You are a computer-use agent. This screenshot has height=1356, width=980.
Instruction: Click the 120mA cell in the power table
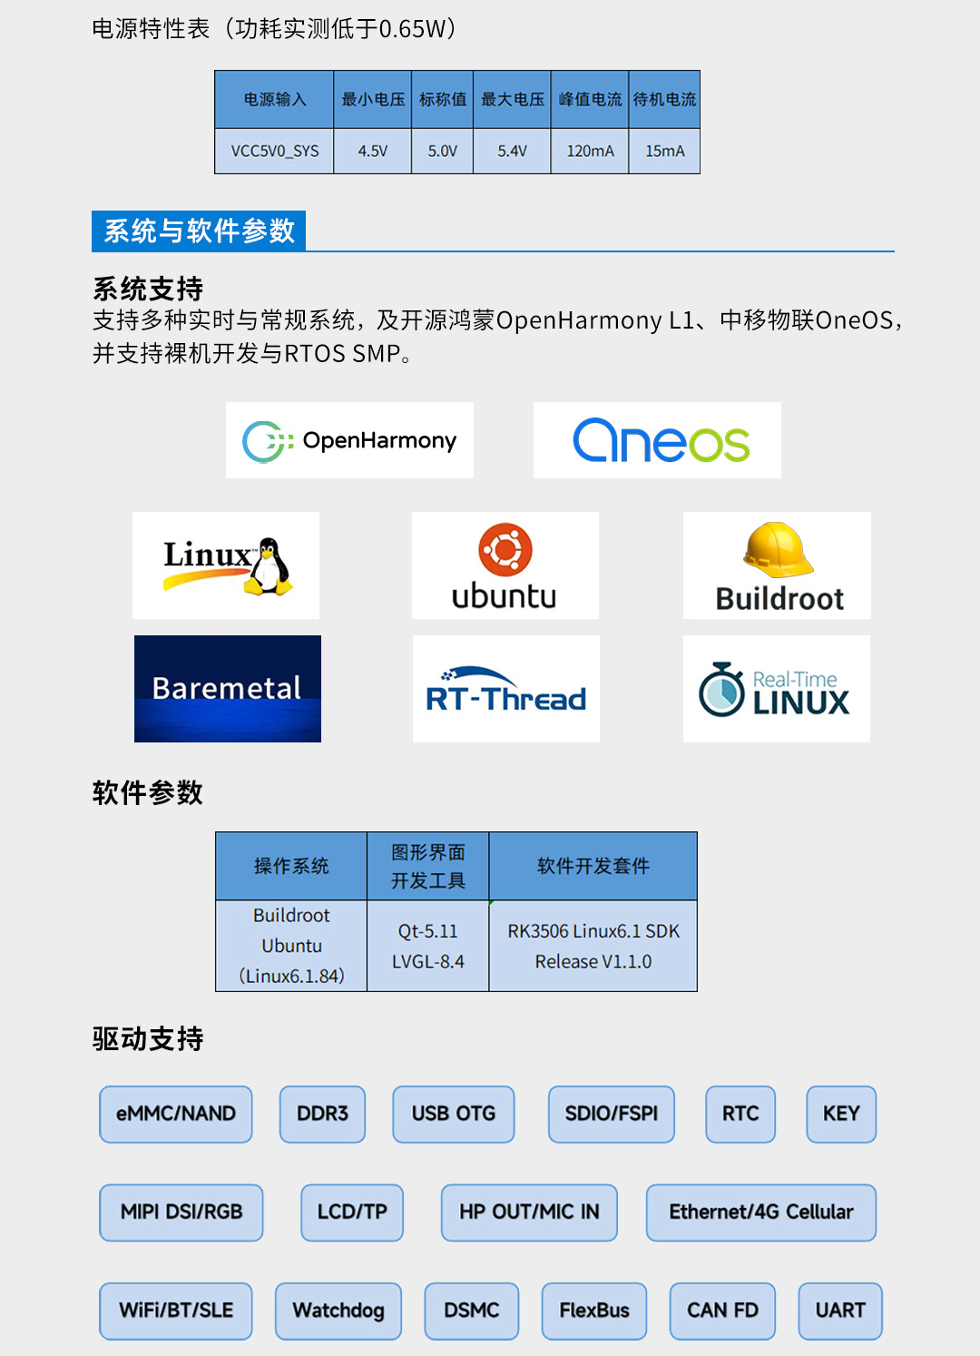pos(590,151)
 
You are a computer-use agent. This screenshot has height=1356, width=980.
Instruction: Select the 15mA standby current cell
pos(664,151)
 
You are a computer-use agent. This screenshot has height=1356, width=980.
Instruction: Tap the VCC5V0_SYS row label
pos(274,151)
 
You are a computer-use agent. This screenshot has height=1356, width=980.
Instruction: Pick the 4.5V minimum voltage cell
pos(372,151)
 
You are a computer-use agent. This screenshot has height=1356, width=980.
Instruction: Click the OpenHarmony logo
pos(349,440)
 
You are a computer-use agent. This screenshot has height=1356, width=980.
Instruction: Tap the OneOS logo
pos(660,440)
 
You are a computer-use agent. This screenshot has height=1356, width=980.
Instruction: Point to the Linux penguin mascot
pos(269,566)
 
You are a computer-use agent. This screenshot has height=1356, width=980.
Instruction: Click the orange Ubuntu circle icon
pos(505,549)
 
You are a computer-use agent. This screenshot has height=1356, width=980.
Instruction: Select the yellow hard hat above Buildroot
pos(778,549)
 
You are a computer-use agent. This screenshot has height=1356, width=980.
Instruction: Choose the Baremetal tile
pos(227,688)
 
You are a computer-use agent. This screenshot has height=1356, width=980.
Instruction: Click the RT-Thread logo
pos(505,690)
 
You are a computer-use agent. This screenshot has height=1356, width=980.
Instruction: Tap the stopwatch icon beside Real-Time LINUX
pos(722,690)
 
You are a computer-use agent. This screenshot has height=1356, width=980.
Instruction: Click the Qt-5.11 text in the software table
pos(427,931)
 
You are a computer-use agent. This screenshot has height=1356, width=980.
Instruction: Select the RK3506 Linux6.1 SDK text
pos(593,931)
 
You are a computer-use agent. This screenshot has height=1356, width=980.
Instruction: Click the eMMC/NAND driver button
pos(176,1114)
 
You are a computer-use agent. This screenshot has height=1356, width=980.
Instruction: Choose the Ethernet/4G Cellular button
pos(760,1212)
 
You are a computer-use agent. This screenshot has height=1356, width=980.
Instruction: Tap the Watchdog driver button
pos(338,1311)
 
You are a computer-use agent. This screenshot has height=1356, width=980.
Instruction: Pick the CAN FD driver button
pos(722,1311)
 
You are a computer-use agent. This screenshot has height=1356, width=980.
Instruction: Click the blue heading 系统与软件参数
pos(199,231)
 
